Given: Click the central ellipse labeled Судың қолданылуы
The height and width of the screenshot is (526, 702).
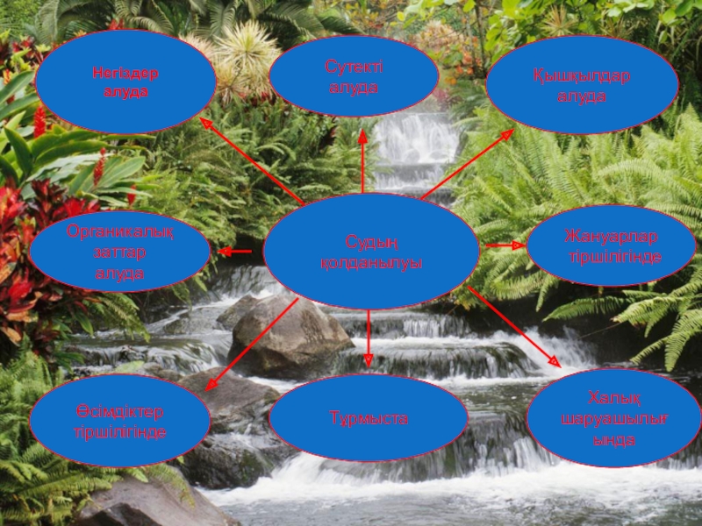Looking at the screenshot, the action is click(371, 252).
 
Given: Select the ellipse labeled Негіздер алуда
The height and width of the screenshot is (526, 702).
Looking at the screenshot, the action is click(125, 82).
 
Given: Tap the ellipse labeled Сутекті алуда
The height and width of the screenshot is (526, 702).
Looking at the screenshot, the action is click(354, 77).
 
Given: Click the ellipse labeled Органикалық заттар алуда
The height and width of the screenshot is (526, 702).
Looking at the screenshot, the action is click(120, 252).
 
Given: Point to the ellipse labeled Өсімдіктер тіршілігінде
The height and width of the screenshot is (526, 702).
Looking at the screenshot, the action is click(120, 422).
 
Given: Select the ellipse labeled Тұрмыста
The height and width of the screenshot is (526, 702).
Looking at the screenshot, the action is click(369, 418).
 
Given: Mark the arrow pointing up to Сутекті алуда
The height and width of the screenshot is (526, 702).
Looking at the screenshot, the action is click(362, 162).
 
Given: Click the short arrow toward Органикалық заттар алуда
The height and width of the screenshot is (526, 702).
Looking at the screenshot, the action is click(235, 252).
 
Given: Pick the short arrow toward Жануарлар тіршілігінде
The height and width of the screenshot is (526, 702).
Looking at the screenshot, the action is click(505, 245).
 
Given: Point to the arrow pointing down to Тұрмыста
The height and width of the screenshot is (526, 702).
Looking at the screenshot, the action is click(369, 338).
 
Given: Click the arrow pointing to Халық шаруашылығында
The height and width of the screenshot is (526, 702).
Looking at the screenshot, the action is click(513, 326).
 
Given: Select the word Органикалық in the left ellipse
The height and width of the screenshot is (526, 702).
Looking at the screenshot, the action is click(120, 232).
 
